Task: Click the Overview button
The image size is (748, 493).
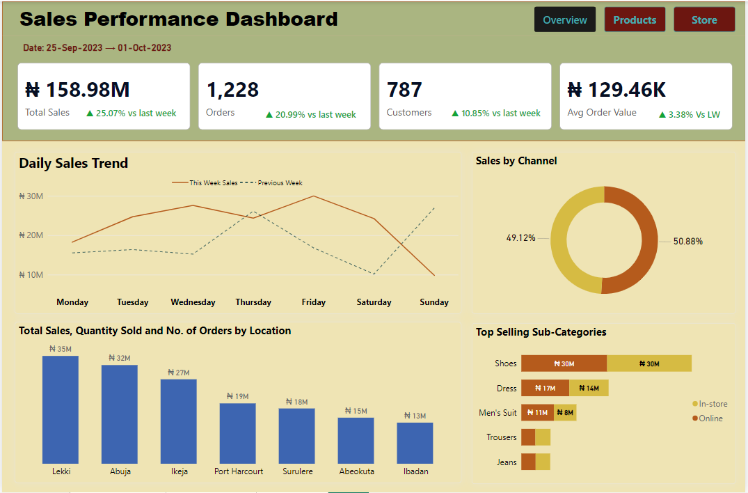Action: click(565, 20)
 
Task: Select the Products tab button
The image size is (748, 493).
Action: click(635, 20)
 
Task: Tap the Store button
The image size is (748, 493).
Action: click(704, 20)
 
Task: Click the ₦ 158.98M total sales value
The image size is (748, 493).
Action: click(77, 90)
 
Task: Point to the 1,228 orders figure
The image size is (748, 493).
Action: click(232, 90)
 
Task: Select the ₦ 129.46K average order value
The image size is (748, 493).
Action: click(616, 90)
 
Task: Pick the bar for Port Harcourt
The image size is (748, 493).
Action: click(238, 433)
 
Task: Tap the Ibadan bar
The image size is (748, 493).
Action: click(415, 443)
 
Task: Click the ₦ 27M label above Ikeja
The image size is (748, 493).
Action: click(178, 373)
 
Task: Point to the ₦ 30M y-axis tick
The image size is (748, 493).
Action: click(31, 196)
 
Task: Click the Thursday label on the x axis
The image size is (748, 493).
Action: click(253, 302)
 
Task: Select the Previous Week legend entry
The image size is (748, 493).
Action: click(279, 183)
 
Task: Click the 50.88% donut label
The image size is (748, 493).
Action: click(687, 242)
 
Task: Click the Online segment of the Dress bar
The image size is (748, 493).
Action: click(545, 389)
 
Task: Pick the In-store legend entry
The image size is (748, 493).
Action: click(712, 404)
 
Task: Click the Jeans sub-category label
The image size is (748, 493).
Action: click(507, 462)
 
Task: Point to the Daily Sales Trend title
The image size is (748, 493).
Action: click(74, 164)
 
